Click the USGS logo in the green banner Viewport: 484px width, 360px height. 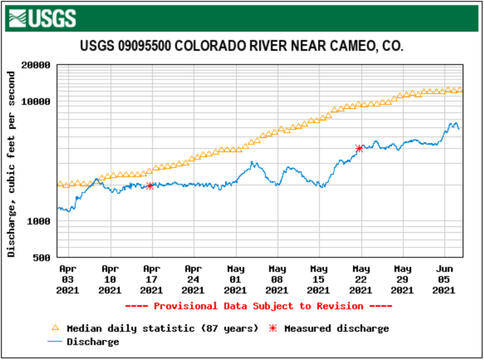(43, 17)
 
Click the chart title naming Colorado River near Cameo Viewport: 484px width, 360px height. (242, 47)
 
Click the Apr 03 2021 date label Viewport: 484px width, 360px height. (68, 279)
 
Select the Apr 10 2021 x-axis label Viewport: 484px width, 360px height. (110, 279)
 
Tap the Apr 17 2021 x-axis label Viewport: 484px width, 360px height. (151, 279)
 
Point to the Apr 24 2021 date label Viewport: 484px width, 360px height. (193, 279)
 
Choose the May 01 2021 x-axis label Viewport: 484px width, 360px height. (235, 279)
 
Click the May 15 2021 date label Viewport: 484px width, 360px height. (319, 279)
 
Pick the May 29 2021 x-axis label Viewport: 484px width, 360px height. (403, 279)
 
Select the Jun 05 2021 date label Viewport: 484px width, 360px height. (444, 279)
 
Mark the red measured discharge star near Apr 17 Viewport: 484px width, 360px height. (150, 185)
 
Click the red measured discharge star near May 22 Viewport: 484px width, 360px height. (359, 149)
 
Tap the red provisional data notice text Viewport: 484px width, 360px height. (258, 306)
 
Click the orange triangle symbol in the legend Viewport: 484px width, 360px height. (55, 328)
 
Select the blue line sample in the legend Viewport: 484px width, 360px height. (55, 342)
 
